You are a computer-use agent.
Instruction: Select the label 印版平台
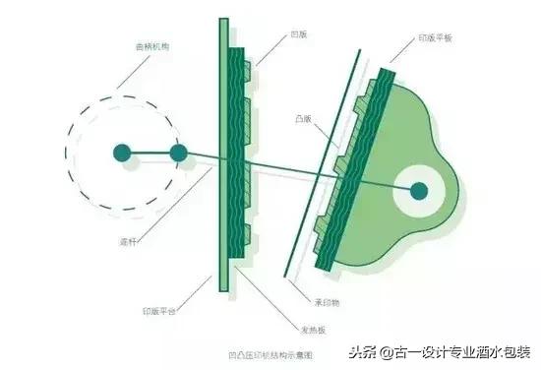pos(159,311)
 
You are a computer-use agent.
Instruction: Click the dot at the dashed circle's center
pos(122,154)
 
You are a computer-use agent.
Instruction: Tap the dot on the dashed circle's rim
pos(178,154)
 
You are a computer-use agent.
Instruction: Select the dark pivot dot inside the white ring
pos(419,189)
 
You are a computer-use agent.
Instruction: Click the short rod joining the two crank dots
pos(150,154)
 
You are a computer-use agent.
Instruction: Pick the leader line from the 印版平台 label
pos(196,292)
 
